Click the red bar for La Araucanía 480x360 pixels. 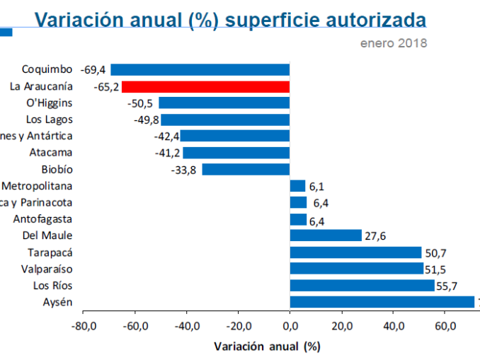[x=205, y=87]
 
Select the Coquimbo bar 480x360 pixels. [x=200, y=69]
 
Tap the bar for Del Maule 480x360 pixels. [x=326, y=236]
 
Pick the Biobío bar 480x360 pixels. [x=246, y=170]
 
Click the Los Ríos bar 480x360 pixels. [x=362, y=286]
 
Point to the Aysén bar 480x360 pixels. [x=382, y=302]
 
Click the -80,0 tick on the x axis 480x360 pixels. [x=84, y=327]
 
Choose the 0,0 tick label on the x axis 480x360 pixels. [x=290, y=327]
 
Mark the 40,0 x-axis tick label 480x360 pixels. [x=393, y=327]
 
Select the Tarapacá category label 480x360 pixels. [x=50, y=252]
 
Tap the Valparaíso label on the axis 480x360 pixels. [x=47, y=269]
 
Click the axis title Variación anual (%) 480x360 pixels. [x=267, y=347]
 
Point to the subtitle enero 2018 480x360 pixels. [x=394, y=42]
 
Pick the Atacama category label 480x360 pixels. [x=51, y=152]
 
